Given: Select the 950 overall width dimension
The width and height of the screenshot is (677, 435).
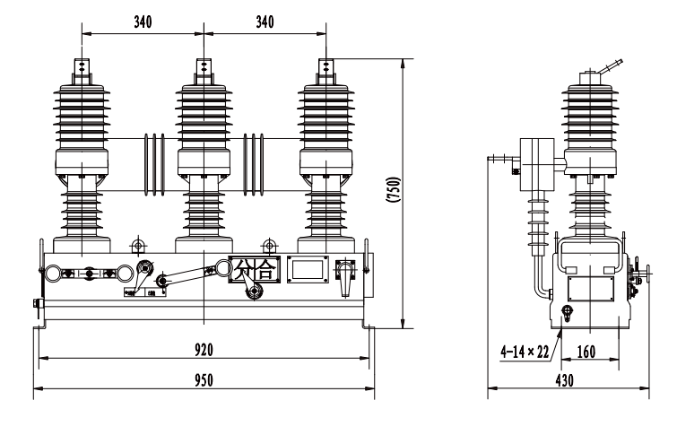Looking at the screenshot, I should [x=204, y=379].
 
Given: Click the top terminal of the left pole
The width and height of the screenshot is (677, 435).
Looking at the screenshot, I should [x=82, y=69].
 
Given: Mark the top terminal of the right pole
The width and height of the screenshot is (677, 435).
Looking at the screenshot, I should [x=328, y=68].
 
